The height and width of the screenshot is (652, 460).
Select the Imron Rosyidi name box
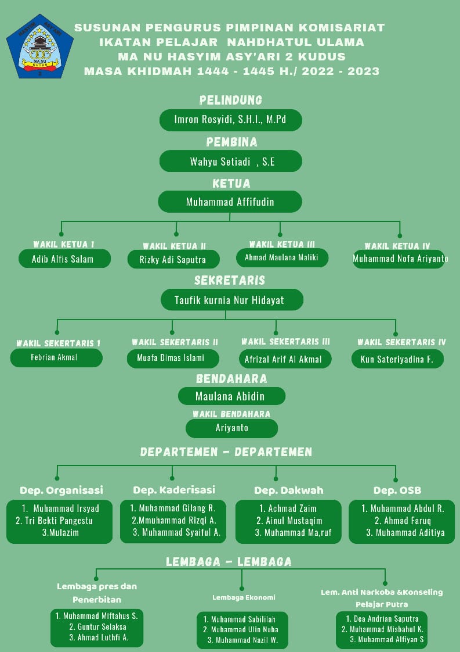coord(230,120)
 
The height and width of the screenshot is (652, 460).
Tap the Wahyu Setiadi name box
coord(230,162)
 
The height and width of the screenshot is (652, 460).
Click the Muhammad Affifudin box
coord(230,202)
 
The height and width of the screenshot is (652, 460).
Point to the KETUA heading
coord(231,184)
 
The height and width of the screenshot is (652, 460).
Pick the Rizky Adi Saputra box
coord(175,260)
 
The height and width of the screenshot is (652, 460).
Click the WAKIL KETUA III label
coord(282,245)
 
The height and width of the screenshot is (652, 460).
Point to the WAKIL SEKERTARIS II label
coord(175,342)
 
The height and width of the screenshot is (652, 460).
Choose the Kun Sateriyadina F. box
coord(397,359)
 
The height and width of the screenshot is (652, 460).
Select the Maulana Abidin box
coord(231,397)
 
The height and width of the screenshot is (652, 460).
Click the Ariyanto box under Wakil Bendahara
coord(231,428)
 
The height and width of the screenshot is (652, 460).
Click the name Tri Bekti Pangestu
coord(54,521)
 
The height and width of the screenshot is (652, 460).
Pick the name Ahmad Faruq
coord(403,521)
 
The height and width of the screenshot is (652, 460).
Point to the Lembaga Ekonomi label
coord(244,597)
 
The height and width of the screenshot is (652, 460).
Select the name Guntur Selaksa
coord(97,627)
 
